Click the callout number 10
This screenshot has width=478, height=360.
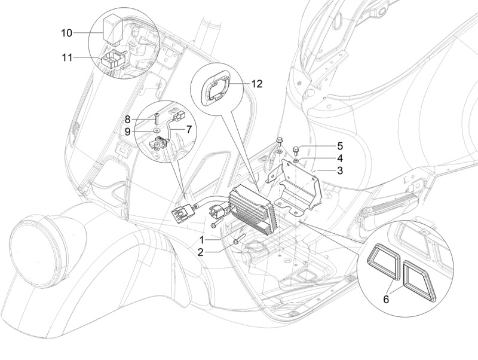(x=67, y=33)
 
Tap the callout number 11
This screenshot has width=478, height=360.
(x=67, y=57)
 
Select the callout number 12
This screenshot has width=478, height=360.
(x=257, y=84)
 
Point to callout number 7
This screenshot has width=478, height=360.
(x=189, y=129)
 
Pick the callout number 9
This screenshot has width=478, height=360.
(x=127, y=132)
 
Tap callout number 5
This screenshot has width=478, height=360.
(x=340, y=146)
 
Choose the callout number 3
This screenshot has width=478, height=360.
(x=340, y=170)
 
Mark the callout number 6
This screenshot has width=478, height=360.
(x=386, y=300)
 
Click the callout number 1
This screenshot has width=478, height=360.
(x=201, y=239)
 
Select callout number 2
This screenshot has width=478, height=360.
(x=200, y=252)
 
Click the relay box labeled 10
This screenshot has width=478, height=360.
(x=114, y=29)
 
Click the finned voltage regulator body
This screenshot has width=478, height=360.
(x=252, y=209)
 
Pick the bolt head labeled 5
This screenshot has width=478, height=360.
(x=295, y=150)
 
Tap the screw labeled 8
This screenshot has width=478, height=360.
(x=157, y=118)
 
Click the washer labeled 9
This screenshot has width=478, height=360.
(x=157, y=130)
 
